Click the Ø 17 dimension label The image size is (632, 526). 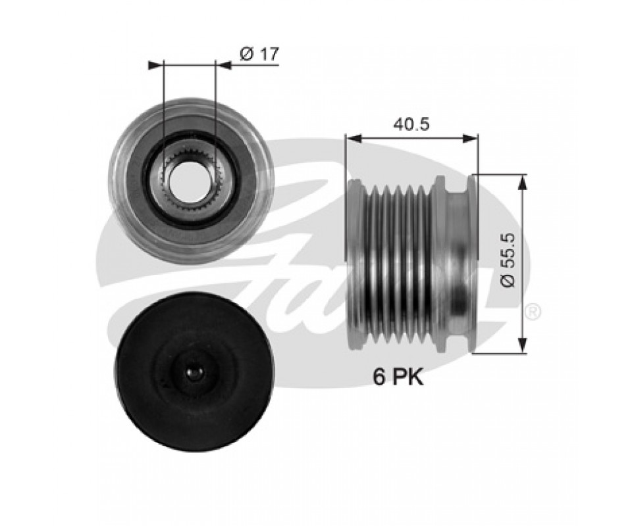[x=259, y=55]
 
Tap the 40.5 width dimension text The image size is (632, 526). [x=411, y=124]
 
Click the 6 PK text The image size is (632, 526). [x=398, y=378]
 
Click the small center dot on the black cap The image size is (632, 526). [x=192, y=373]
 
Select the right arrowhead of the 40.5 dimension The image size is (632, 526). [x=470, y=139]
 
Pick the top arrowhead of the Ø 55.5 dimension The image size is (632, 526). [x=522, y=183]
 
